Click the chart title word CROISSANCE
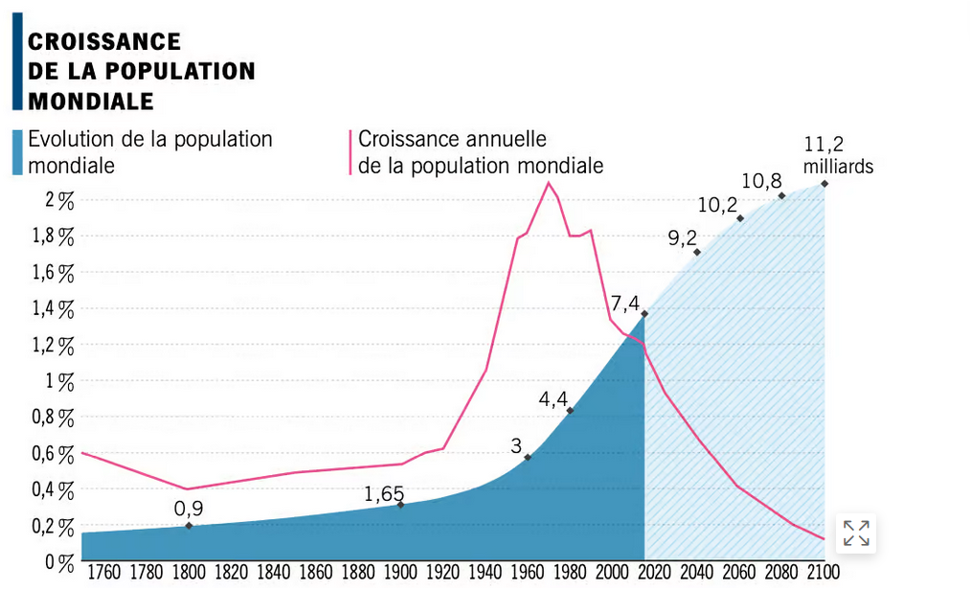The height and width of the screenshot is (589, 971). (104, 41)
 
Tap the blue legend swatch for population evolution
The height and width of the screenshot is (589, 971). (18, 152)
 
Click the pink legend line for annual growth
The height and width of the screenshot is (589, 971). (350, 152)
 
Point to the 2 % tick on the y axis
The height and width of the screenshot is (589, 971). (59, 200)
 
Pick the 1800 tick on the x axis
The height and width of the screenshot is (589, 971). (189, 573)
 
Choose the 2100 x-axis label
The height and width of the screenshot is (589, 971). (823, 573)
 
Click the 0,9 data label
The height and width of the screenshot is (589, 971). (189, 508)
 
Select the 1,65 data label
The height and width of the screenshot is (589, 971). (384, 494)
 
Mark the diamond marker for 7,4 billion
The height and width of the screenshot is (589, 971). (645, 313)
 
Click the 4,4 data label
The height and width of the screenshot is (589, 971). (553, 398)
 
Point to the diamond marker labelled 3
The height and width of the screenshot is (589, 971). (528, 457)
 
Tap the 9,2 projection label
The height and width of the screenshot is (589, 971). (682, 238)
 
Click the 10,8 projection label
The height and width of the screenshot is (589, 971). (761, 180)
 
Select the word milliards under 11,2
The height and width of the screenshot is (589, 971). (838, 166)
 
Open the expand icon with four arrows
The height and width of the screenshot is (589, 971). (856, 533)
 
